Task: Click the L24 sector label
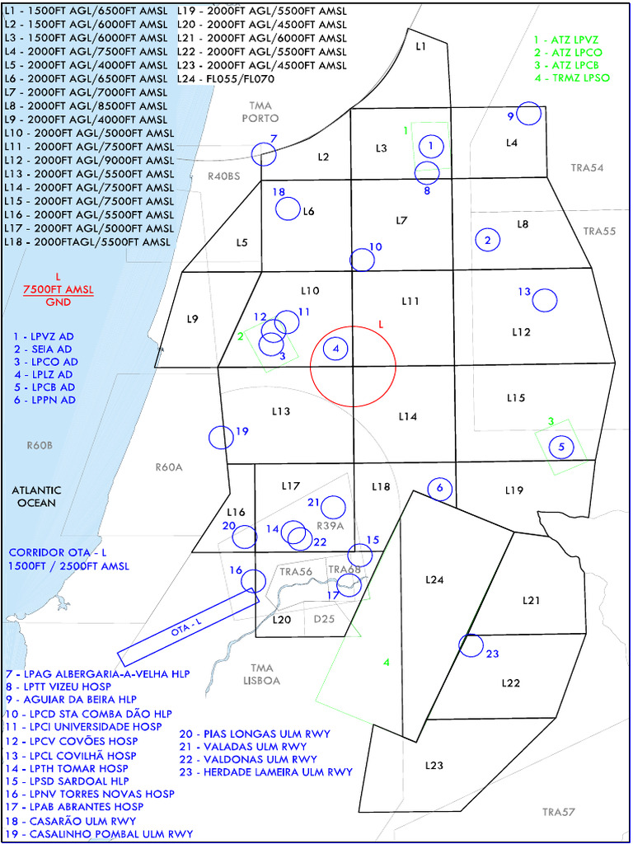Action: tap(434, 580)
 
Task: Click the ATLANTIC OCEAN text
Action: tap(35, 496)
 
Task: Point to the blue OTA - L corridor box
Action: tap(188, 629)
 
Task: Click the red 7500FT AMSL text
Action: tap(58, 289)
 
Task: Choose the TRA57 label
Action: tap(557, 813)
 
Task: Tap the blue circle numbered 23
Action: tap(471, 645)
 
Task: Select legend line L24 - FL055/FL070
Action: tap(225, 79)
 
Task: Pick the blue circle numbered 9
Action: tap(530, 114)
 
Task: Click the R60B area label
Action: tap(39, 445)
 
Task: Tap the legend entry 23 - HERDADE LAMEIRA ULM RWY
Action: tap(265, 772)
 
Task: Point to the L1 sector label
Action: tap(420, 47)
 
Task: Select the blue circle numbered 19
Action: tap(221, 437)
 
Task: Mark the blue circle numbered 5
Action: tap(561, 448)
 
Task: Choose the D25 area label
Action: tap(325, 620)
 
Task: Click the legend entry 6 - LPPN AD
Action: tap(45, 400)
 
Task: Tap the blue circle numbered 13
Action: tap(544, 300)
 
